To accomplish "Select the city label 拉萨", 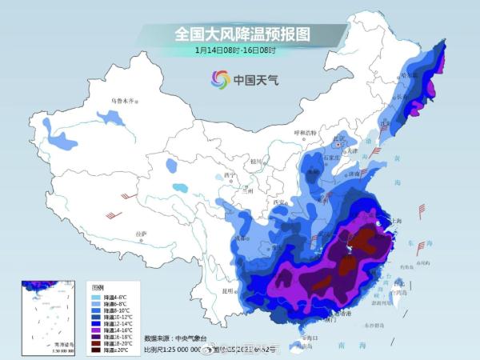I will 142,234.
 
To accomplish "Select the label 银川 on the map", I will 256,161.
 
